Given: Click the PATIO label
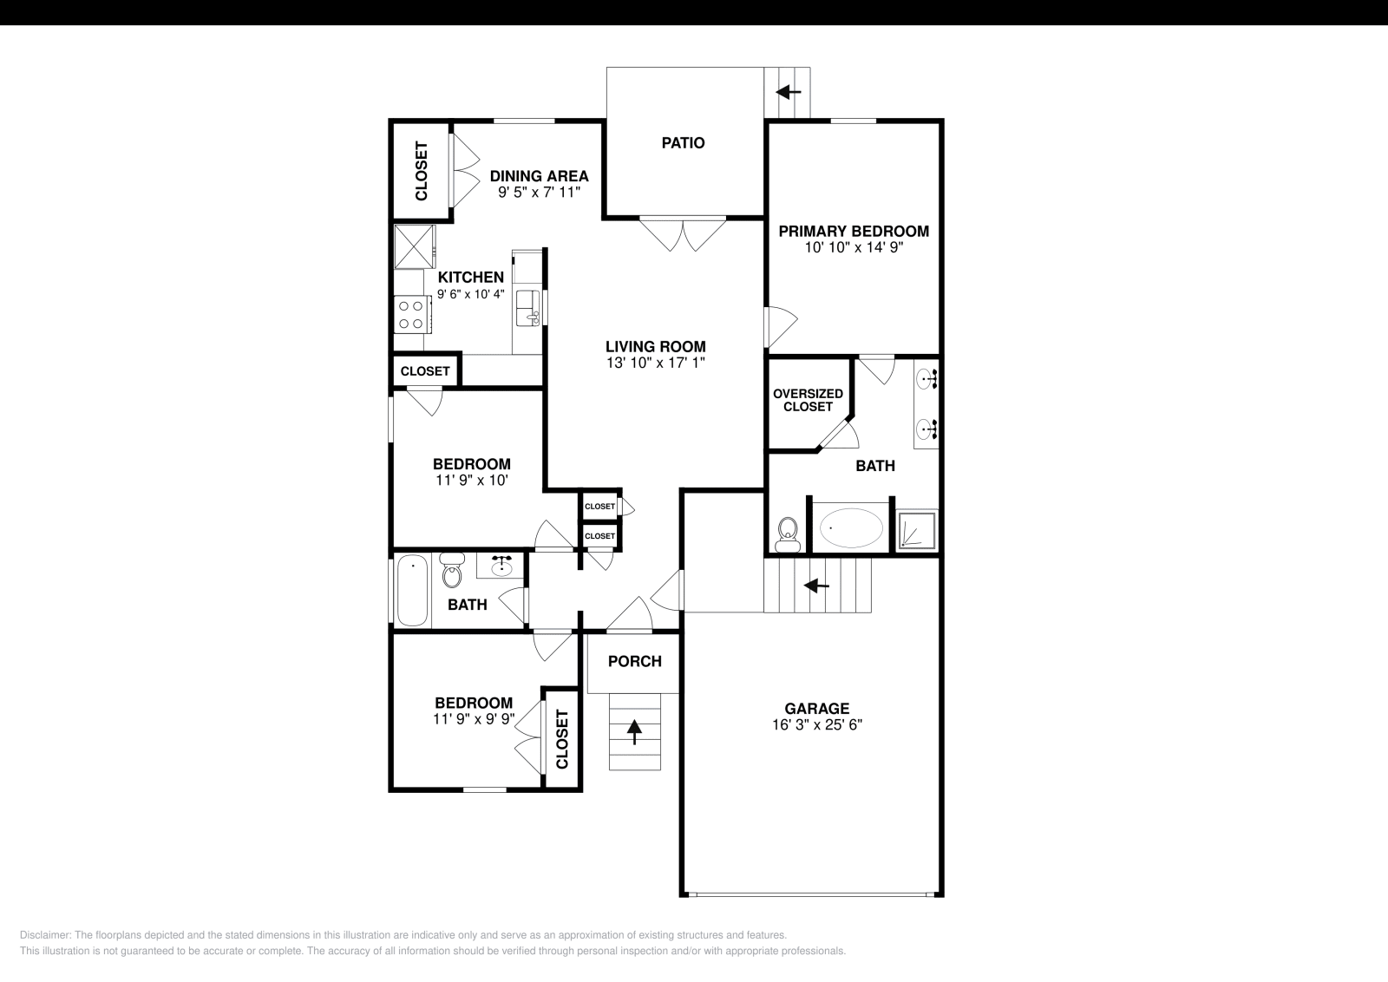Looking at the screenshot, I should tap(683, 143).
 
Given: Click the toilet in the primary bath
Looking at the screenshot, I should tap(788, 533).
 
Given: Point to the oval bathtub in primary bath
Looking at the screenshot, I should tap(851, 527).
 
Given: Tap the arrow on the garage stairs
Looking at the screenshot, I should tap(815, 586).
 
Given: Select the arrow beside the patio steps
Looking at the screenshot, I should tap(789, 91).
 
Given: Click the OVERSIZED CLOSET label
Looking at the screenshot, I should tap(808, 400).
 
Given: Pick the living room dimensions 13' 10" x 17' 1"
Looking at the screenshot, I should tap(655, 363).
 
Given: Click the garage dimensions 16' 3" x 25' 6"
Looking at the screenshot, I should tap(816, 725).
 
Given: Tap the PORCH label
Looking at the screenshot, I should tap(634, 661).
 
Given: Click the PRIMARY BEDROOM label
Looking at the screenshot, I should tap(853, 232).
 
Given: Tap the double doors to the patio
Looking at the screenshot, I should tap(683, 233).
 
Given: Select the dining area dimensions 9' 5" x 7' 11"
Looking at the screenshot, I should tap(538, 193).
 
